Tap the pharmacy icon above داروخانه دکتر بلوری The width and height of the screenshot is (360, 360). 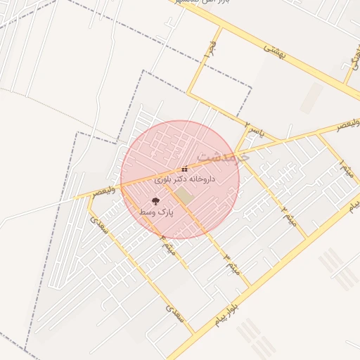point(184,169)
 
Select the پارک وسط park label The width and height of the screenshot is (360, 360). point(155,212)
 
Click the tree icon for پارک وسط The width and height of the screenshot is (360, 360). point(155,202)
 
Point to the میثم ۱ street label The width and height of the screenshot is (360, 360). point(346,169)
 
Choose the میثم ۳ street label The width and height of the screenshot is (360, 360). point(231,262)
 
